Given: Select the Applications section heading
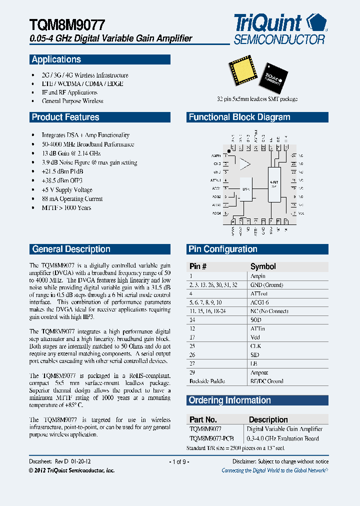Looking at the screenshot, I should tap(56, 59).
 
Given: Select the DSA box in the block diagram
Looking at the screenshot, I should tap(245, 189).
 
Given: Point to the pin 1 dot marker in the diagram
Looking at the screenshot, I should tap(229, 150).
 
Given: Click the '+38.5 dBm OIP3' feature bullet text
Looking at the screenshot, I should tap(62, 180).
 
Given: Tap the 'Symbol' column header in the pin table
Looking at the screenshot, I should tap(263, 266).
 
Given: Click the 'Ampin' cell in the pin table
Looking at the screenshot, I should tap(258, 276).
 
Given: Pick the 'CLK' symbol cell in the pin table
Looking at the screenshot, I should tap(255, 345).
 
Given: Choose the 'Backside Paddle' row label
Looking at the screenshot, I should tap(207, 381).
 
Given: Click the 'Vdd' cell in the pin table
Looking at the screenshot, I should tap(255, 337).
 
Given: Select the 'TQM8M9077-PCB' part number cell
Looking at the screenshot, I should tap(211, 438).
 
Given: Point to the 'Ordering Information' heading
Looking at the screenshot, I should tap(229, 400).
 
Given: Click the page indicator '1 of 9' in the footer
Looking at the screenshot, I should tap(179, 461).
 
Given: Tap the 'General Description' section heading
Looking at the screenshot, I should tap(71, 249).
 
